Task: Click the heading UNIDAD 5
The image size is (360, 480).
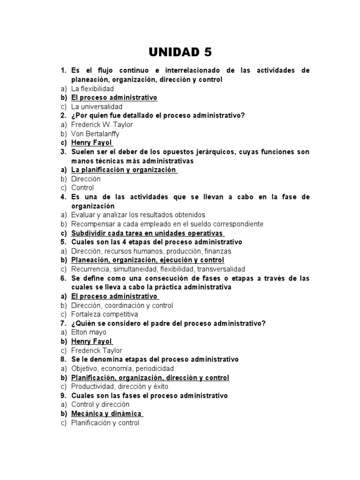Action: coord(180,50)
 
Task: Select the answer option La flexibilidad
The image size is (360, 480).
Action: coord(92,89)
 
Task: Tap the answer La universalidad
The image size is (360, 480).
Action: coord(97,107)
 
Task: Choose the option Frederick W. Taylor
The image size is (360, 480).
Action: coord(102,125)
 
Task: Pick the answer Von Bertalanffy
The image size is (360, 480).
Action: coord(95,134)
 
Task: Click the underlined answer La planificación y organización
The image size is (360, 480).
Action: coord(123,170)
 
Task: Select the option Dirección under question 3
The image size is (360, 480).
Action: coord(85,179)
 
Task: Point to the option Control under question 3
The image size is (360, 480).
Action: coord(82,187)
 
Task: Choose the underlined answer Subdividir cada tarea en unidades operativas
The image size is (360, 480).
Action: coord(146,233)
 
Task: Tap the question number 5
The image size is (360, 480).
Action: coord(63,242)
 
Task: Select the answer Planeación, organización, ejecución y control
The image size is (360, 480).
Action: coord(147,260)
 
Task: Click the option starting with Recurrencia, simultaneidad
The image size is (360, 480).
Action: coord(158,269)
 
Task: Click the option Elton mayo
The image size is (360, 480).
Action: coord(89,332)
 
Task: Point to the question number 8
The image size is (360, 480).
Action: coord(63,360)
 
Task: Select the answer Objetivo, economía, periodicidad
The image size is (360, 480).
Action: coord(122,368)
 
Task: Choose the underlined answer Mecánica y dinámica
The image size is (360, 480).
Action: coord(106,414)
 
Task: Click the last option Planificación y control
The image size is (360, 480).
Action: coord(105,423)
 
